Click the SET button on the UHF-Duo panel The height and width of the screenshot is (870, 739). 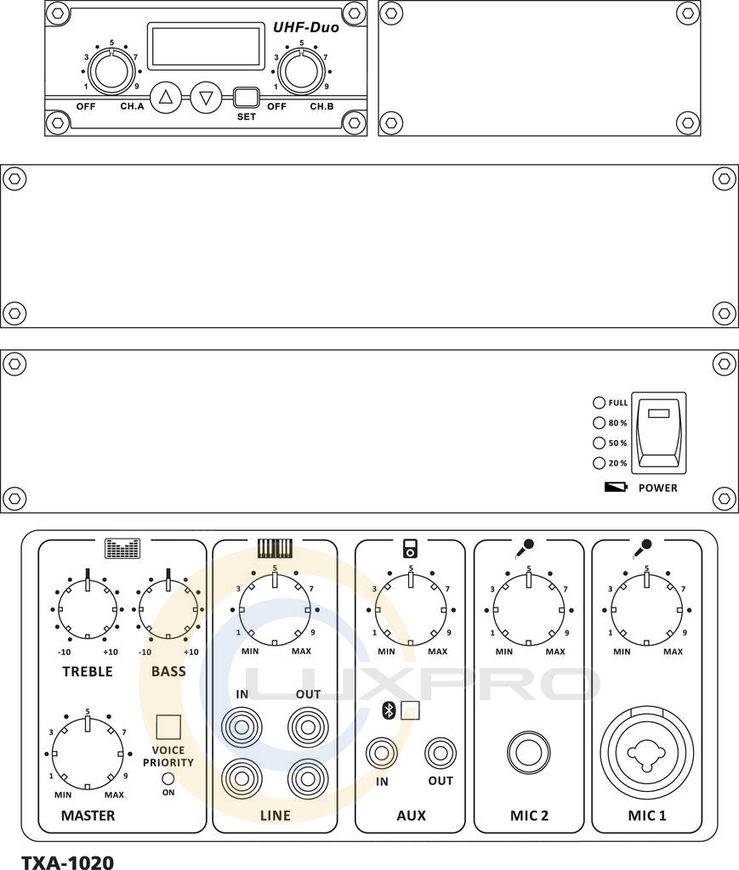[246, 98]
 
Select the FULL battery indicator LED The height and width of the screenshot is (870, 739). [599, 403]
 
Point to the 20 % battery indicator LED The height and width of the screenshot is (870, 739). [599, 463]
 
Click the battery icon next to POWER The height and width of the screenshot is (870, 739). [616, 487]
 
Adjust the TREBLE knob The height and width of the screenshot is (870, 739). [88, 609]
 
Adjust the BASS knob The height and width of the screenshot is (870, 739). [168, 609]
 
